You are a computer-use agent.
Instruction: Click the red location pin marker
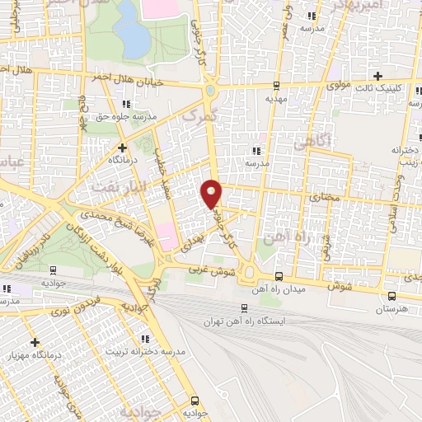pos(212,194)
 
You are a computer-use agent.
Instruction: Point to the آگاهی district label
pos(311,143)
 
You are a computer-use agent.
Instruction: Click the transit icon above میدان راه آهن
pos(279,276)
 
